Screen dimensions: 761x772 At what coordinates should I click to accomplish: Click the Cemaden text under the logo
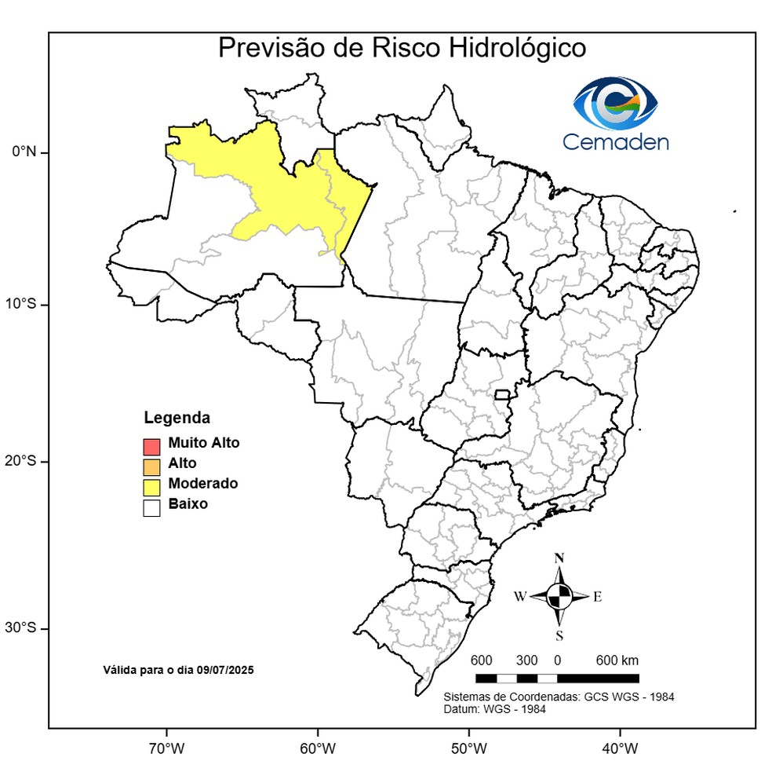(x=615, y=142)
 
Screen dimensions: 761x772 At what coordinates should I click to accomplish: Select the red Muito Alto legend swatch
(x=151, y=447)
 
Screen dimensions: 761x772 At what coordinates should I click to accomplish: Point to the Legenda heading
(x=177, y=417)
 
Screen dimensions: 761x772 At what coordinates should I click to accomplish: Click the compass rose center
(x=559, y=596)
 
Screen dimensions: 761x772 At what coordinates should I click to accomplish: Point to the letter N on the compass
(x=559, y=558)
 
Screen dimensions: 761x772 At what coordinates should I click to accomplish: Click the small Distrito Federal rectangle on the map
(x=501, y=394)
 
